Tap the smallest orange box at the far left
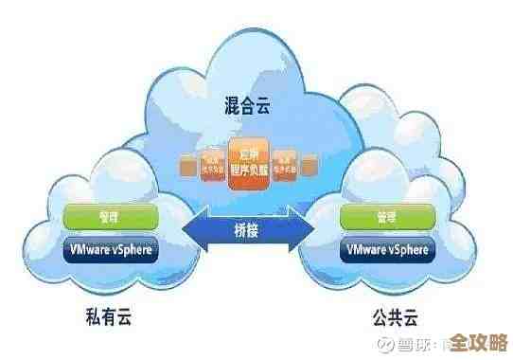(187, 168)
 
